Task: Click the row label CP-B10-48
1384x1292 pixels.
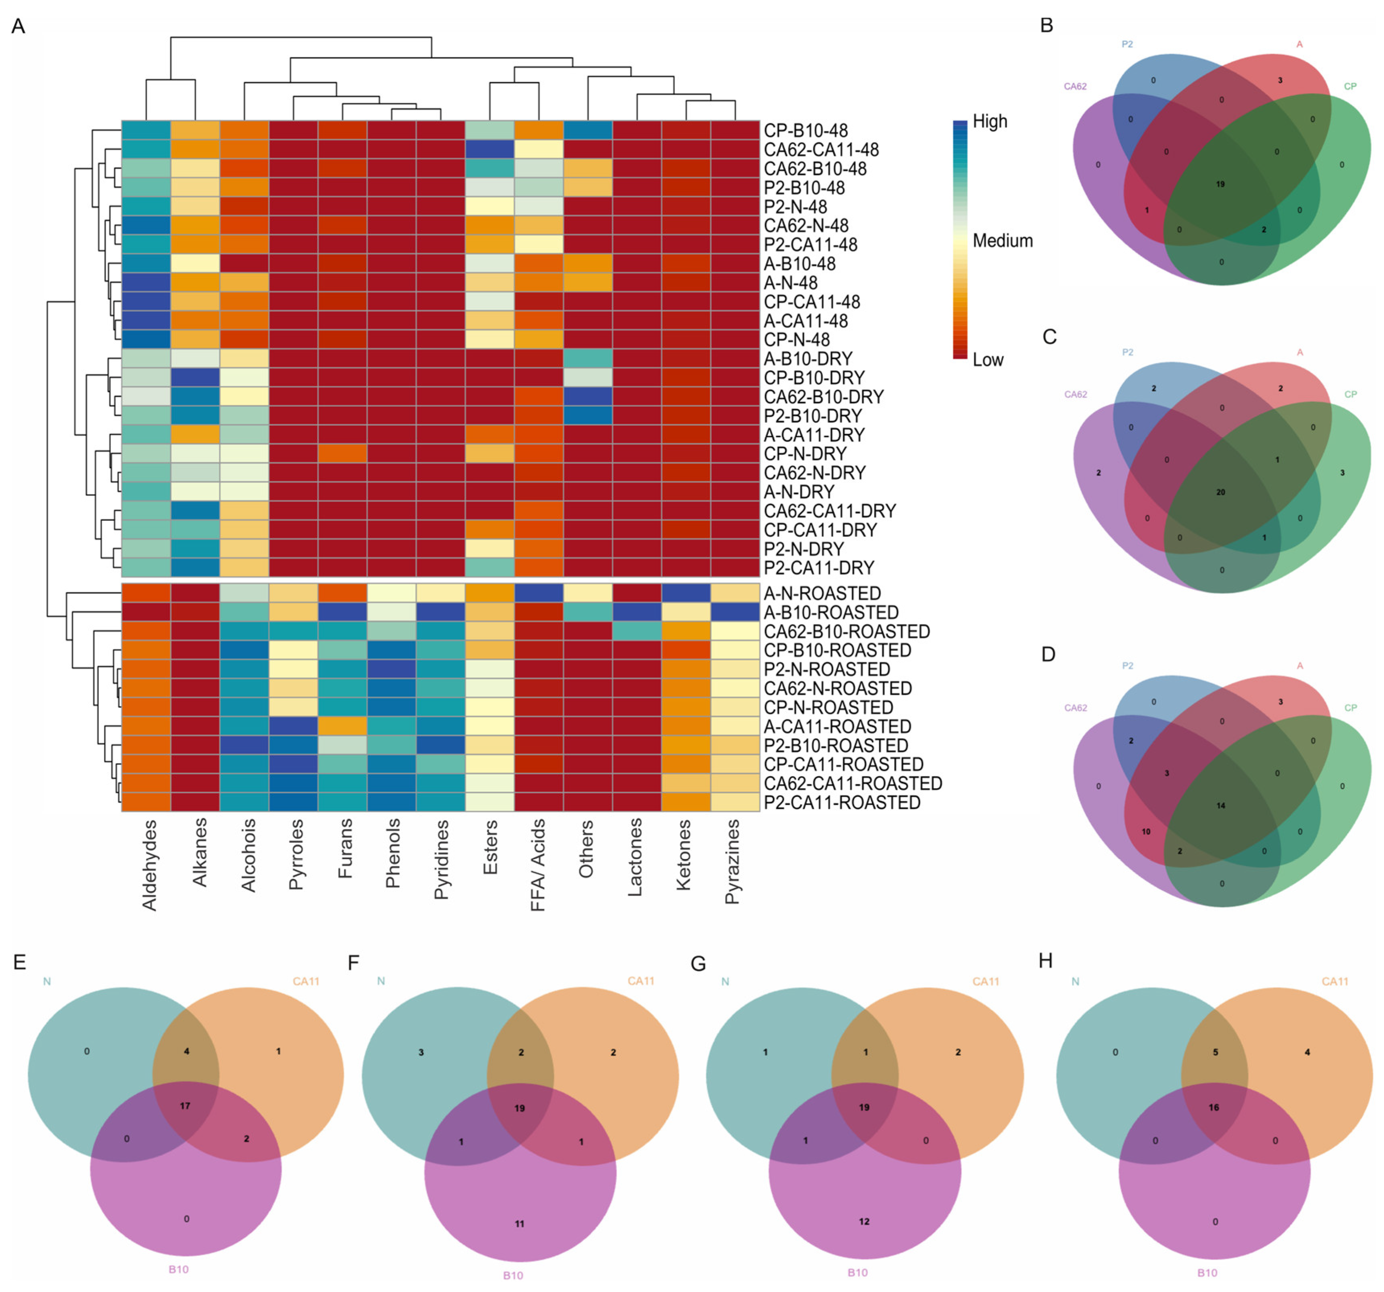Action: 806,131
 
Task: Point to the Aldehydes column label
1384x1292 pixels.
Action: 149,865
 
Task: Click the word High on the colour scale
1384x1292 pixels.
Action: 990,122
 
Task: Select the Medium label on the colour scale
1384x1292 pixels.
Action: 1002,241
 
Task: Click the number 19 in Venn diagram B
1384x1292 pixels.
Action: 1220,185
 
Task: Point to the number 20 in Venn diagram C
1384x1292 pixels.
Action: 1220,492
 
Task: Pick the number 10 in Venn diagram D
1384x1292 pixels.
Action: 1146,831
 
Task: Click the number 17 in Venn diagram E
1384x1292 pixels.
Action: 185,1105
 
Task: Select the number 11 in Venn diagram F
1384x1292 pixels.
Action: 519,1223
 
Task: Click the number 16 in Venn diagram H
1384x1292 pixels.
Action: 1214,1107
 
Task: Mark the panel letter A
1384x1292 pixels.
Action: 18,27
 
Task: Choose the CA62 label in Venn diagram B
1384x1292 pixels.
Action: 1075,87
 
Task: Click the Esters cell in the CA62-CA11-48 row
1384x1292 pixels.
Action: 489,150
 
